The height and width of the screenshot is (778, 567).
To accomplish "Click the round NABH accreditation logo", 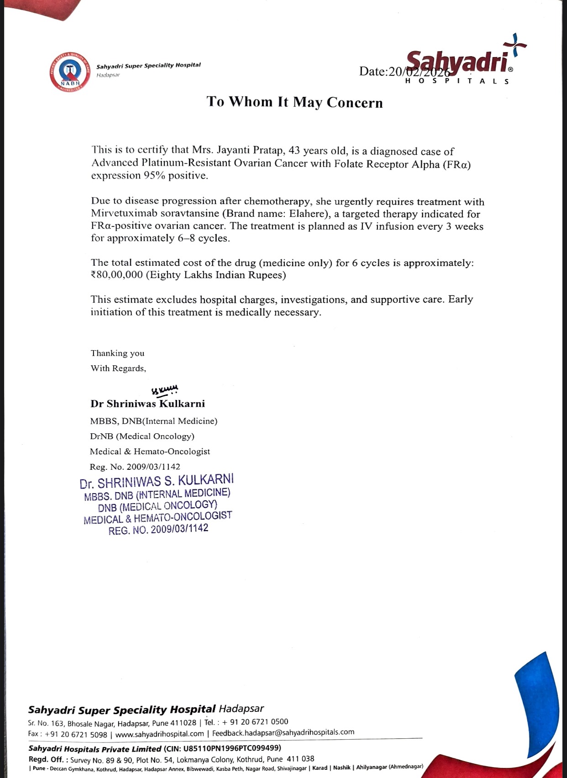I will point(69,72).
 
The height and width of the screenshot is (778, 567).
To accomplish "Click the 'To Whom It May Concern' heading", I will point(294,102).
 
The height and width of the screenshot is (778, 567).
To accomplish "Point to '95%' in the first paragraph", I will point(155,176).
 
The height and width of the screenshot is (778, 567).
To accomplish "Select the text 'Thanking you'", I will point(117,353).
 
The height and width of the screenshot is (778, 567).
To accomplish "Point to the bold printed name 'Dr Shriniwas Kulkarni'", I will point(147,404).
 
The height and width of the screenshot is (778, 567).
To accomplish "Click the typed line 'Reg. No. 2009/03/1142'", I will point(135,467).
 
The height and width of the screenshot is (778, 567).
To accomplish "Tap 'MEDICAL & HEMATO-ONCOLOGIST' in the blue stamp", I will point(158,518).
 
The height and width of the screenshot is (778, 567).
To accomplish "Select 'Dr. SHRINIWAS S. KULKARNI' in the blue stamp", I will point(157,481).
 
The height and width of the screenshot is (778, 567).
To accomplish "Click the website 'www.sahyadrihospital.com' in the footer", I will point(160,734).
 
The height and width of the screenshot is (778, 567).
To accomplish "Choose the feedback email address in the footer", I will point(283,732).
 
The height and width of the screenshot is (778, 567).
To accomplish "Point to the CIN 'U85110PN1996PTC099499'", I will point(232,748).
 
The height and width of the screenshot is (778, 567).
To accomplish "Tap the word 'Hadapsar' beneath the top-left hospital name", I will point(108,75).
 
